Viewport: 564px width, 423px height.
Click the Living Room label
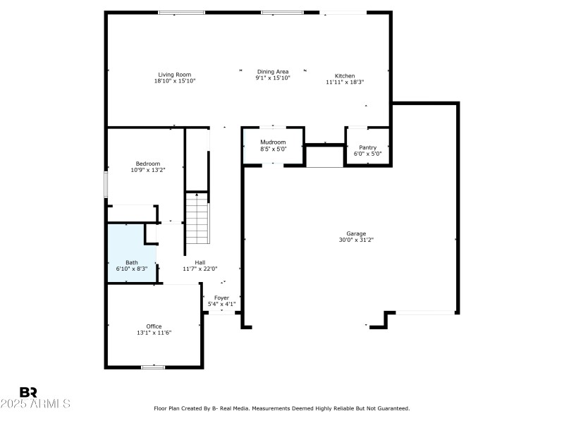coord(174,75)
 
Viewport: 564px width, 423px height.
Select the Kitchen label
coord(345,75)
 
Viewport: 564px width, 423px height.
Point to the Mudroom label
coord(273,142)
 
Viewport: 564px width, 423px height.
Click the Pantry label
coord(367,147)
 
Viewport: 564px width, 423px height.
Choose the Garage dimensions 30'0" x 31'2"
coord(356,240)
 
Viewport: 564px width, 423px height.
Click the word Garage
coord(356,233)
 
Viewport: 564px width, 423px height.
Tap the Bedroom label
coord(148,164)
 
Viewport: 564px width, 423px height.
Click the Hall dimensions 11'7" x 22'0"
coord(200,269)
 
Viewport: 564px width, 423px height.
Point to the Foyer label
coord(221,298)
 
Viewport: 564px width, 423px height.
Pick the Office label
coord(154,326)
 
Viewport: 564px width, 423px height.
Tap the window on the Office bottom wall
coord(153,367)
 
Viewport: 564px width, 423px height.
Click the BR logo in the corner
coord(28,392)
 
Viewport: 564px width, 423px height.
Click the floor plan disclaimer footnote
coord(281,408)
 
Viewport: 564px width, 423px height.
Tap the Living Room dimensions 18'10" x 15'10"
coord(174,81)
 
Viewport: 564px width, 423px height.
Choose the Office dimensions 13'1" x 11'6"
coord(154,333)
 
